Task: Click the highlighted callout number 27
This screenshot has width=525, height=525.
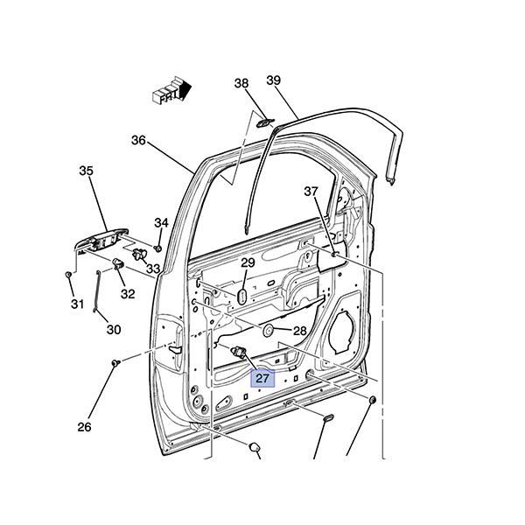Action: tap(262, 378)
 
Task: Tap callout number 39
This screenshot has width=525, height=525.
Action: tap(274, 80)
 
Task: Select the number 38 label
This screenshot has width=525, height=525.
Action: tap(241, 83)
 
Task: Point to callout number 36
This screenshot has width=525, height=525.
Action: tap(138, 140)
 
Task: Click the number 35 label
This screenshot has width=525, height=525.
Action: tap(86, 171)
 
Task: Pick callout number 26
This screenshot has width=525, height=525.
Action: tap(84, 427)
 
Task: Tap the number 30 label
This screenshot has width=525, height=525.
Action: tap(114, 330)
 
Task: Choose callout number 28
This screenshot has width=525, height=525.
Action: tap(299, 331)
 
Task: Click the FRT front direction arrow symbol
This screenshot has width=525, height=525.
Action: tap(171, 90)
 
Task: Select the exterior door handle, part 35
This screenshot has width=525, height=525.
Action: tap(101, 241)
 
